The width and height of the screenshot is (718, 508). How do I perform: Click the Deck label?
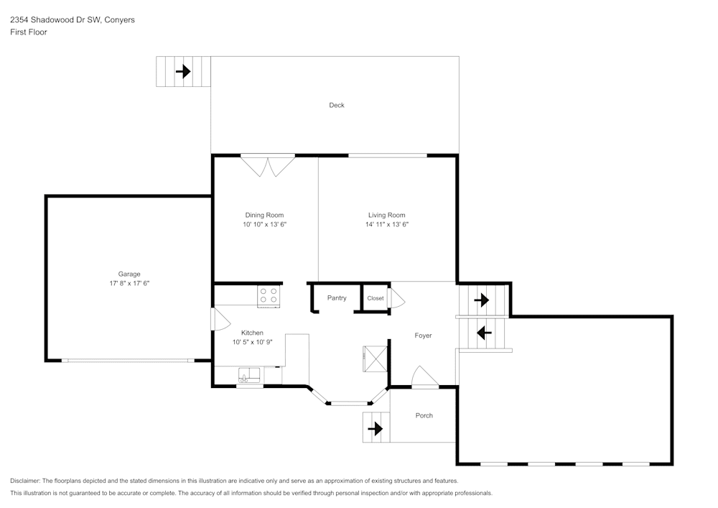coord(337,105)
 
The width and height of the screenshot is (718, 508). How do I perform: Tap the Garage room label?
coord(129,274)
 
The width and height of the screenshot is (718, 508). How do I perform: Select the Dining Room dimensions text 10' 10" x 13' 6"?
coord(264,224)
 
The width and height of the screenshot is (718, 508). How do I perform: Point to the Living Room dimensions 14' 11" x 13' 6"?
coord(387,224)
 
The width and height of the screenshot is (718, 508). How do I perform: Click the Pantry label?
coord(337,298)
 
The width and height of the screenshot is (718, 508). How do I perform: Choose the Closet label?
coord(376,298)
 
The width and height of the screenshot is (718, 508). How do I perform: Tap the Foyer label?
coord(424,336)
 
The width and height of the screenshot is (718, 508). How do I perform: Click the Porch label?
coord(424,415)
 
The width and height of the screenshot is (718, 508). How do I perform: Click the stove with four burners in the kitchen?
coord(269,296)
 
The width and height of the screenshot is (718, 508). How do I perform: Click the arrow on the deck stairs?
coord(183,71)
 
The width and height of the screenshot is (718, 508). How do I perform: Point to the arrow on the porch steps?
coord(374,429)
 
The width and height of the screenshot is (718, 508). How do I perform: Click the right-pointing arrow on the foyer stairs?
coord(481,300)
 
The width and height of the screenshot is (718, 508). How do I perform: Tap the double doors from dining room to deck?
coord(267,165)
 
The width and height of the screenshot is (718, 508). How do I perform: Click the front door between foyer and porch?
coord(424,378)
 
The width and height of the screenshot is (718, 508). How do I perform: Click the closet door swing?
coord(396,298)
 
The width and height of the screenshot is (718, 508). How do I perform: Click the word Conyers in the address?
coord(119,20)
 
